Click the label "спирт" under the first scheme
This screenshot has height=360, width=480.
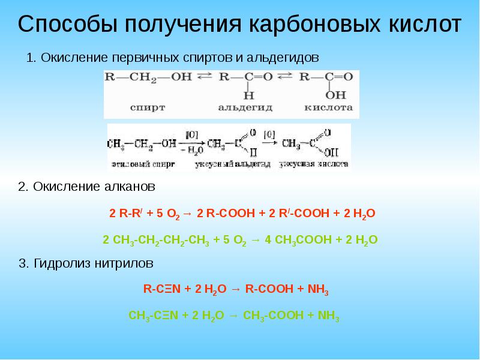tap(148, 108)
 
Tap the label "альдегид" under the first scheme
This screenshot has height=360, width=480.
tap(245, 108)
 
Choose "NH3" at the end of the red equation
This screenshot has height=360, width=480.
tap(318, 289)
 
